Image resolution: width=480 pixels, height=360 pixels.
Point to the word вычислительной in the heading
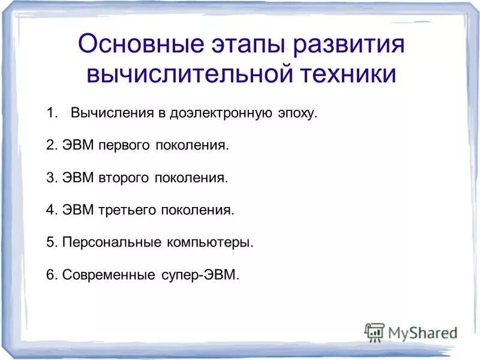click(190, 75)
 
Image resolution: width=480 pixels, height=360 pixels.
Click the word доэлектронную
click(220, 113)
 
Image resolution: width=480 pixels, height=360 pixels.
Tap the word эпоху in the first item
click(294, 113)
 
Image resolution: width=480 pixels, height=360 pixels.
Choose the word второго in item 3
click(125, 178)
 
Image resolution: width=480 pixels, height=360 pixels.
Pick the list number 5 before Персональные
click(50, 243)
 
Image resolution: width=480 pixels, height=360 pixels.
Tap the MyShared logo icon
click(374, 331)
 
